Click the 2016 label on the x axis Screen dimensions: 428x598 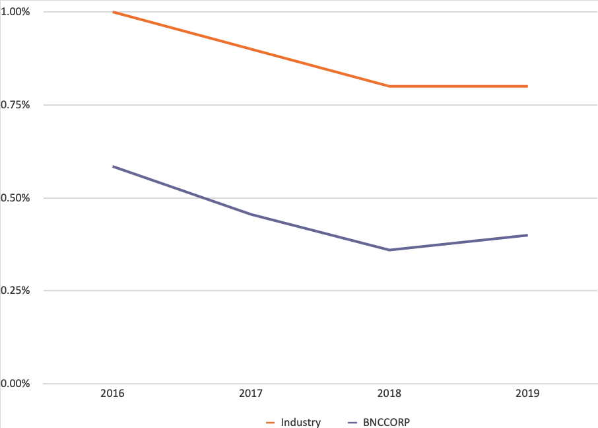point(113,394)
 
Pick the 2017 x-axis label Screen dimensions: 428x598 point(251,394)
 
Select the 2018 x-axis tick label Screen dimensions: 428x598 point(389,394)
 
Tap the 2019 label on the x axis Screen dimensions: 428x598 point(528,394)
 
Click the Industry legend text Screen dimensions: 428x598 point(300,422)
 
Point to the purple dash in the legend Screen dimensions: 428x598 point(351,422)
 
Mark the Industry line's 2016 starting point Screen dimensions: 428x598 point(113,12)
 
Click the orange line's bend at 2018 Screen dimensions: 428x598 point(389,86)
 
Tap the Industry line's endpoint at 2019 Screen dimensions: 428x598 point(527,86)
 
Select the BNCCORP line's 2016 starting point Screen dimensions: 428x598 point(113,166)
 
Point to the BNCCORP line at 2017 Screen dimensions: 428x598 point(251,215)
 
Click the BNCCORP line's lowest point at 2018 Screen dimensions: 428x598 point(389,250)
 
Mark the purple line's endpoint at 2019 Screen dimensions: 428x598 point(527,235)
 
